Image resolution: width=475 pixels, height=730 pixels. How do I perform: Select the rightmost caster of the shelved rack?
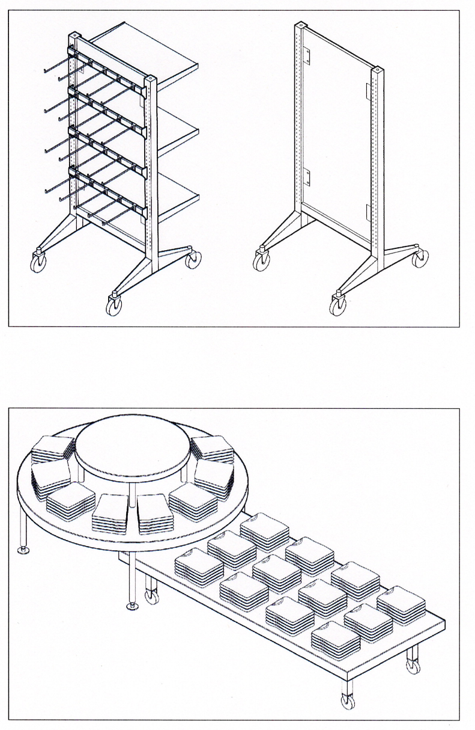[x=193, y=260]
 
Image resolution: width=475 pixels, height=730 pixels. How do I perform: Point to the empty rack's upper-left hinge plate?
[x=307, y=55]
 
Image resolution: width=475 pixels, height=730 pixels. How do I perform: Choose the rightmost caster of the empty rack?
[x=420, y=259]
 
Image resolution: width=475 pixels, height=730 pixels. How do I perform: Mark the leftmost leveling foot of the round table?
[x=23, y=550]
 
